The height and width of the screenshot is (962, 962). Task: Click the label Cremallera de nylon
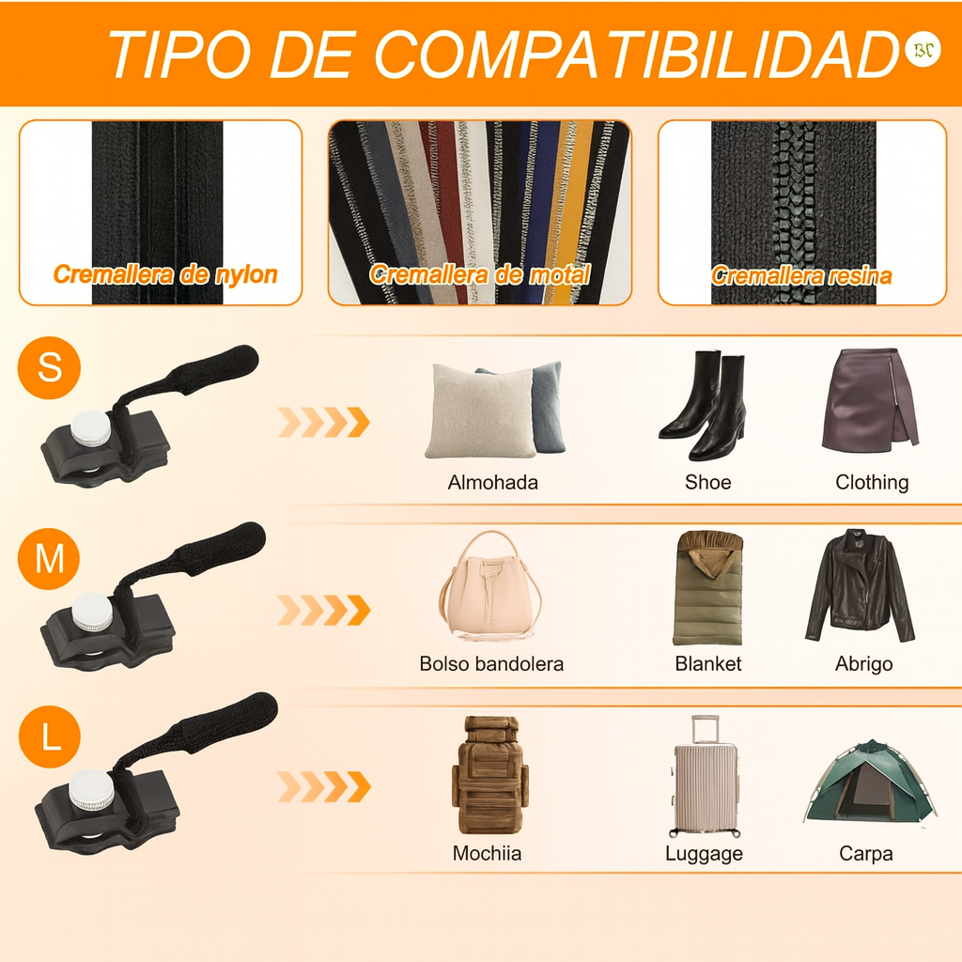pos(165,275)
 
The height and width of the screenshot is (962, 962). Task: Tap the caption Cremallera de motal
pos(479,275)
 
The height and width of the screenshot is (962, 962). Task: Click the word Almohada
pos(492,483)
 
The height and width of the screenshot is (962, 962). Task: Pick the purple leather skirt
pos(869,399)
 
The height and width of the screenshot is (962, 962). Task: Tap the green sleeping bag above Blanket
pos(707,588)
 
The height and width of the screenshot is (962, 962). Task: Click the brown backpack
pos(489,775)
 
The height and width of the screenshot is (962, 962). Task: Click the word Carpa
pos(865,854)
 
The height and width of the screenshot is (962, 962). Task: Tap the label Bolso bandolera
pos(491,664)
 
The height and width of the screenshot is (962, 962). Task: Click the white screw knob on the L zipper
pos(91,791)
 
